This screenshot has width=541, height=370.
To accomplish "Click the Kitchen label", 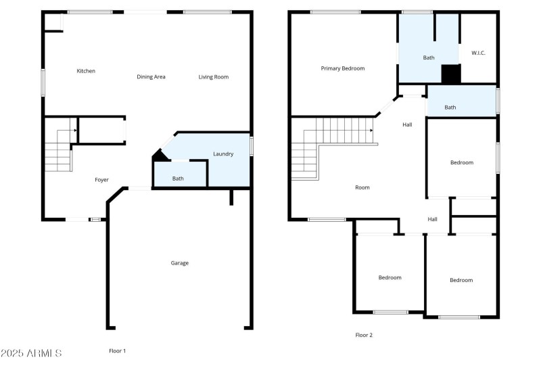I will (x=86, y=71).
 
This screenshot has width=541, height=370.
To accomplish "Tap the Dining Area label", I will (x=151, y=77).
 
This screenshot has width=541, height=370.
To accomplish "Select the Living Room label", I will (x=213, y=77).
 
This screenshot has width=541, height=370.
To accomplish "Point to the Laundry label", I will (x=223, y=154).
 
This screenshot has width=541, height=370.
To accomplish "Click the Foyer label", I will (x=101, y=180).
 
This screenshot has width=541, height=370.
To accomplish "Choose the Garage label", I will (x=179, y=263).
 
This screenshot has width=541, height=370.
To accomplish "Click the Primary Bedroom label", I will (x=342, y=68).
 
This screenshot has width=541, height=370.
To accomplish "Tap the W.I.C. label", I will (x=478, y=53).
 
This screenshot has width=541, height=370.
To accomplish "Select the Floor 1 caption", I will (x=118, y=351).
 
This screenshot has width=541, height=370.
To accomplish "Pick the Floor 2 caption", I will (x=364, y=335).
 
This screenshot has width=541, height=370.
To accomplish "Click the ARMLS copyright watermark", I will (x=32, y=354).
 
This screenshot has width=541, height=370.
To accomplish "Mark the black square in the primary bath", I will (x=450, y=74).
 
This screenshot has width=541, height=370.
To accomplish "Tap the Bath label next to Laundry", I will (x=178, y=179).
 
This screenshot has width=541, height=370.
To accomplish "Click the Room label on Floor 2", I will (x=362, y=187).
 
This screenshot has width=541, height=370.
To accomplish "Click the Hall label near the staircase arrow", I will (x=407, y=124).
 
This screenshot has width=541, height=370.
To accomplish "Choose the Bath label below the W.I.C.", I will (x=450, y=108).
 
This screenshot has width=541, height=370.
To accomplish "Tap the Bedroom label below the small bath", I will (x=462, y=162).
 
